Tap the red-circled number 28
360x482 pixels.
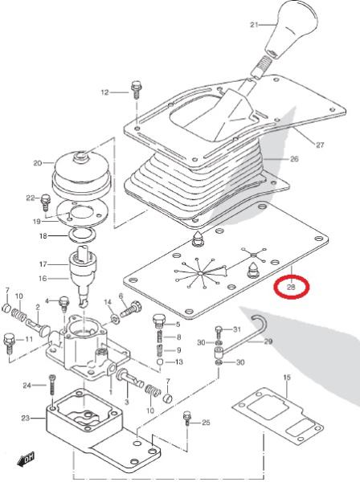point(291,288)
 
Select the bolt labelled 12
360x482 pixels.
point(135,90)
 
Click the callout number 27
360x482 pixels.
point(320,145)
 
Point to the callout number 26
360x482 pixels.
point(294,159)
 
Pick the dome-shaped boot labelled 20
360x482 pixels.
point(81,176)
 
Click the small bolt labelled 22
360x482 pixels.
point(45,202)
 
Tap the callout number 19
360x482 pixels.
point(37,222)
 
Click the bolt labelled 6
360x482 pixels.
point(131,309)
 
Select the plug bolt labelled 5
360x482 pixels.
point(159,321)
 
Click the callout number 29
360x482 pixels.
point(268,341)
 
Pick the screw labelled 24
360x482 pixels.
point(52,385)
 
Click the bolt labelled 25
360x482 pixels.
point(187,419)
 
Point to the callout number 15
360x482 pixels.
point(287,378)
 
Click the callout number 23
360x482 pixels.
point(26,418)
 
